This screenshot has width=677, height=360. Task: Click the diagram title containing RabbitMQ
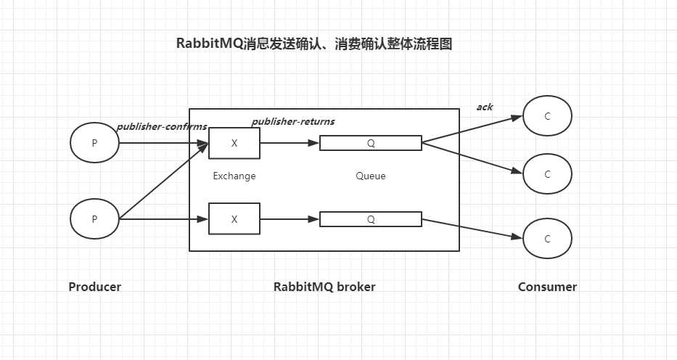point(314,44)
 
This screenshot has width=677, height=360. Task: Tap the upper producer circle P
point(94,143)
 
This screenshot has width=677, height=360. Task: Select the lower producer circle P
point(94,218)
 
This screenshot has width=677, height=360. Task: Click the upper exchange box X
point(234,143)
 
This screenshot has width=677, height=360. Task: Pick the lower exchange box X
point(234,218)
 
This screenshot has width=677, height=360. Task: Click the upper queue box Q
point(371,143)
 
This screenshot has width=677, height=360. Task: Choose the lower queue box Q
point(371,218)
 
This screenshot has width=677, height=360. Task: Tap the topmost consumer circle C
point(548,116)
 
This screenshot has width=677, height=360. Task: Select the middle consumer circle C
point(548,174)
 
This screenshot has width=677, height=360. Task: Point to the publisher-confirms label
point(161,127)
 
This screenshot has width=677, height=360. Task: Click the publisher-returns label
point(293,121)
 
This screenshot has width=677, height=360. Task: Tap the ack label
point(485,107)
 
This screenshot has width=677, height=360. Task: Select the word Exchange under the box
point(234,176)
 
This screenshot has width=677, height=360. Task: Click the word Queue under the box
point(371,176)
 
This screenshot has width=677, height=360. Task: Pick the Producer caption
point(95,287)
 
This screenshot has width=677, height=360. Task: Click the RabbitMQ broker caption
point(324,287)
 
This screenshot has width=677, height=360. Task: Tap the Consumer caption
point(547,287)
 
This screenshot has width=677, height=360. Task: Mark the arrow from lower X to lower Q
point(290,218)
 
